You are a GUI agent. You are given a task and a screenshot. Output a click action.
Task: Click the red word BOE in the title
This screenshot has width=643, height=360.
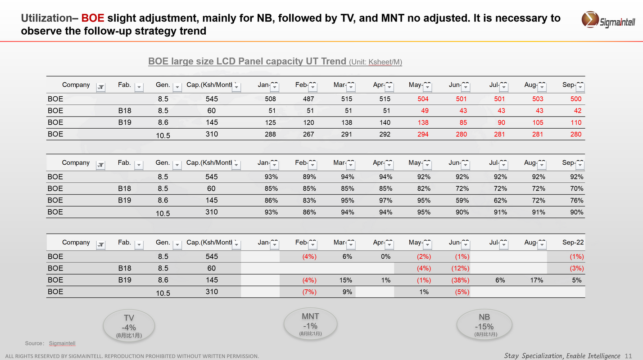click(93, 18)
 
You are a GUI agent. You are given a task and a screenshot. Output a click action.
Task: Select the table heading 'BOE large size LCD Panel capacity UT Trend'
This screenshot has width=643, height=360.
click(247, 61)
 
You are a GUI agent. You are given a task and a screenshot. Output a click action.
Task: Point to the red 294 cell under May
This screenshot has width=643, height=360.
click(423, 134)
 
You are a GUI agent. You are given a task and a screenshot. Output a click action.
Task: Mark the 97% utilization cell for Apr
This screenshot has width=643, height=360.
click(386, 200)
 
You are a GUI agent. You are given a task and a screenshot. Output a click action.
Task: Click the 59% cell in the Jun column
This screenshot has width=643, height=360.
click(462, 200)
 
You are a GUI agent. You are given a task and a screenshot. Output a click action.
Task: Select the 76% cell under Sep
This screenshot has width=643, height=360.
click(576, 200)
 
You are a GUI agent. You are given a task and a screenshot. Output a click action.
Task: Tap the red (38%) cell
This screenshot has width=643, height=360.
click(460, 280)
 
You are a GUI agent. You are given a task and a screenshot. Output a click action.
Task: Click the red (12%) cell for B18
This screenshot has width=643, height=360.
click(460, 268)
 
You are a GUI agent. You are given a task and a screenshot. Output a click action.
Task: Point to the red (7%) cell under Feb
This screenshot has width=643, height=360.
click(309, 292)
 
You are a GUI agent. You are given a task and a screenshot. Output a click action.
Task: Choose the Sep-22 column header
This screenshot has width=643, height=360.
click(573, 243)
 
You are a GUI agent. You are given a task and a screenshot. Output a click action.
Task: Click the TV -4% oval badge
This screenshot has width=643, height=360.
click(129, 325)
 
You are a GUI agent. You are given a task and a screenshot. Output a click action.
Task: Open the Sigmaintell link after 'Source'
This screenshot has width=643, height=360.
click(62, 343)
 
